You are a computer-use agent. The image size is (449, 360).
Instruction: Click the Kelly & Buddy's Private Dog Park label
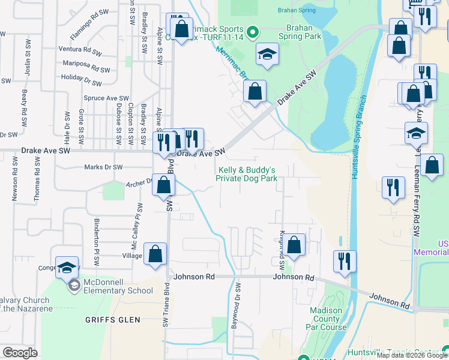(x=246, y=174)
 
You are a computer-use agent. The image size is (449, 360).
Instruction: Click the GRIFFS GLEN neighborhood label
(x=113, y=320)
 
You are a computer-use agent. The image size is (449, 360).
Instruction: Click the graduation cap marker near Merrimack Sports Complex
(x=267, y=55)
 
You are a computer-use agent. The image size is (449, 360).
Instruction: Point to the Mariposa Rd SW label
(x=81, y=63)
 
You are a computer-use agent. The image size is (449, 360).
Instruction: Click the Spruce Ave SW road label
(x=106, y=98)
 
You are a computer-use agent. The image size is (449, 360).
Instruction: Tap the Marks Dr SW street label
(x=103, y=167)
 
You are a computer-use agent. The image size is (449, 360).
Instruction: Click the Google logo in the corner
(x=20, y=352)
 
